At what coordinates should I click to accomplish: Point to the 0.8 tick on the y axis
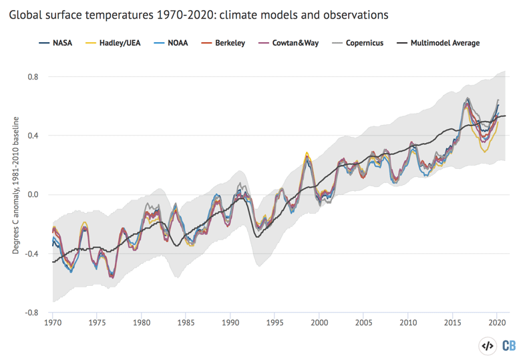(x=32, y=77)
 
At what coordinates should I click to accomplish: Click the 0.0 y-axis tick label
(x=32, y=195)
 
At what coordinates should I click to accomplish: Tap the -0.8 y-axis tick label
(x=31, y=313)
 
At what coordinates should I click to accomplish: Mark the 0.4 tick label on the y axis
(x=32, y=136)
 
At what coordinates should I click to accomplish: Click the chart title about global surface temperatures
(x=198, y=14)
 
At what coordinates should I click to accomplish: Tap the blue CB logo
(x=509, y=346)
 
